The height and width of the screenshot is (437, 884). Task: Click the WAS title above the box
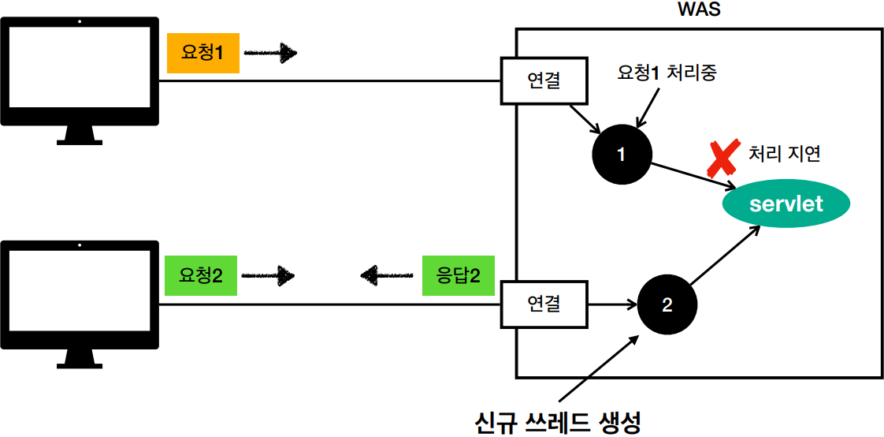click(x=699, y=12)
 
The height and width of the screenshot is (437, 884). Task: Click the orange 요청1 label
click(x=202, y=54)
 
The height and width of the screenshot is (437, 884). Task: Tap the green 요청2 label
click(x=201, y=276)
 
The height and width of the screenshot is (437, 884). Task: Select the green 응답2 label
click(x=459, y=276)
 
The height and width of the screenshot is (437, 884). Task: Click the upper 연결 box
click(x=544, y=81)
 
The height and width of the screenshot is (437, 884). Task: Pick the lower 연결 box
click(x=544, y=303)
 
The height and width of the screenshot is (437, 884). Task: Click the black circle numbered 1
click(x=621, y=155)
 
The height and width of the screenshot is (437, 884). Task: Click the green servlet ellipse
click(x=786, y=204)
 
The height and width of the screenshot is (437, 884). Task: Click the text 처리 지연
click(x=784, y=153)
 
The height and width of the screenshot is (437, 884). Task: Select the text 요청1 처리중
click(x=667, y=74)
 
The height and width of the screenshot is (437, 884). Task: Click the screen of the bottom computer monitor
click(x=79, y=291)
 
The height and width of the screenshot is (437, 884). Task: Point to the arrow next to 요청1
click(x=270, y=54)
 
